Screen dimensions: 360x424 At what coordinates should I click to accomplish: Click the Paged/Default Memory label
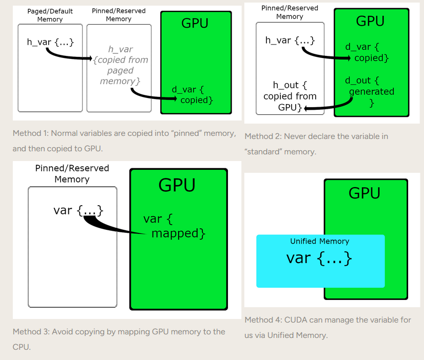[x=50, y=15]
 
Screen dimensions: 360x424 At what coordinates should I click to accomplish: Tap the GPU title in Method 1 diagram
[x=195, y=23]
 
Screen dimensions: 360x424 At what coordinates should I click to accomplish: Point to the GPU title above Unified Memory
[x=364, y=193]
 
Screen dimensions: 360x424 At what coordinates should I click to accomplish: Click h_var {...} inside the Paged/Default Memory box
[x=50, y=42]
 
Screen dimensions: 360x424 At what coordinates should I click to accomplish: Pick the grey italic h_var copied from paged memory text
[x=121, y=65]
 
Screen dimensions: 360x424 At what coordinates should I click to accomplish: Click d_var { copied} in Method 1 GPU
[x=192, y=95]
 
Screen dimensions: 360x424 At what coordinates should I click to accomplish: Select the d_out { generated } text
[x=369, y=92]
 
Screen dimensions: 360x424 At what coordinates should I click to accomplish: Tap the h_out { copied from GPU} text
[x=290, y=96]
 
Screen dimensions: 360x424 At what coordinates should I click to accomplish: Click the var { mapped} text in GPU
[x=175, y=226]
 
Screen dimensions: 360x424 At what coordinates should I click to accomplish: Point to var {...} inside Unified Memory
[x=319, y=258]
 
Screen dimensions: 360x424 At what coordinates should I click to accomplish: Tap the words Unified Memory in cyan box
[x=319, y=241]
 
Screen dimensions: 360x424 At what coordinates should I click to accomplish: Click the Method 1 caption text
[x=124, y=141]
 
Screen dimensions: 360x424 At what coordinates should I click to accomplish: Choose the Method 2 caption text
[x=316, y=144]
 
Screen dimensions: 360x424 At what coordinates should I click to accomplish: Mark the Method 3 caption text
[x=119, y=339]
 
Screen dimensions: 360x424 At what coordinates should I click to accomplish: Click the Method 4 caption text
[x=327, y=327]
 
